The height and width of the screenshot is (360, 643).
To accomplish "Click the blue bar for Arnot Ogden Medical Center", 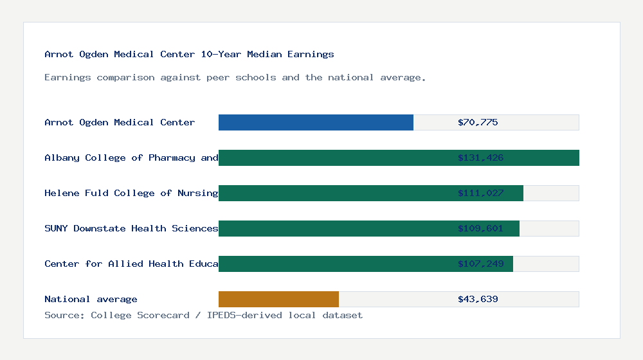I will (x=316, y=122).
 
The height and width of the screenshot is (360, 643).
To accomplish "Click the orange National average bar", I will (x=278, y=299).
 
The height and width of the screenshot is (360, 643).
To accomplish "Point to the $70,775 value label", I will (x=478, y=122).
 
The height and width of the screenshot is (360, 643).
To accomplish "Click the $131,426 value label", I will (x=480, y=157).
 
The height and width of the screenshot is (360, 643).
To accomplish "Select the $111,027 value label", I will (x=480, y=193).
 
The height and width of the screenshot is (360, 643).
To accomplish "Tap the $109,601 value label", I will (x=480, y=228).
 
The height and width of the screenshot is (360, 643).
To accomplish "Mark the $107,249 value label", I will (x=480, y=264).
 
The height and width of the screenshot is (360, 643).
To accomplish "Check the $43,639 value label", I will (x=478, y=299).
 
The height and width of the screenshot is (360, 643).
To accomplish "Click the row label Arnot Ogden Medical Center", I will (x=120, y=122).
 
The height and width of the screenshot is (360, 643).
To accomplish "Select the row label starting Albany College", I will (x=131, y=157).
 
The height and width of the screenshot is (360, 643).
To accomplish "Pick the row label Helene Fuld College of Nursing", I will (x=131, y=193).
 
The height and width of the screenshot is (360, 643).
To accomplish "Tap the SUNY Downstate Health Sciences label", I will (x=131, y=228).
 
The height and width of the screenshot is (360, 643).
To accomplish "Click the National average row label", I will (x=91, y=299).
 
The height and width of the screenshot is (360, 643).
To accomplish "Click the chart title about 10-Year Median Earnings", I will (x=189, y=54).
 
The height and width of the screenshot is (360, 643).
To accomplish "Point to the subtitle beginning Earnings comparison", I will (x=235, y=77).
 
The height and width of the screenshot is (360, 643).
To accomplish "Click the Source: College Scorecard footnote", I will (x=203, y=315).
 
